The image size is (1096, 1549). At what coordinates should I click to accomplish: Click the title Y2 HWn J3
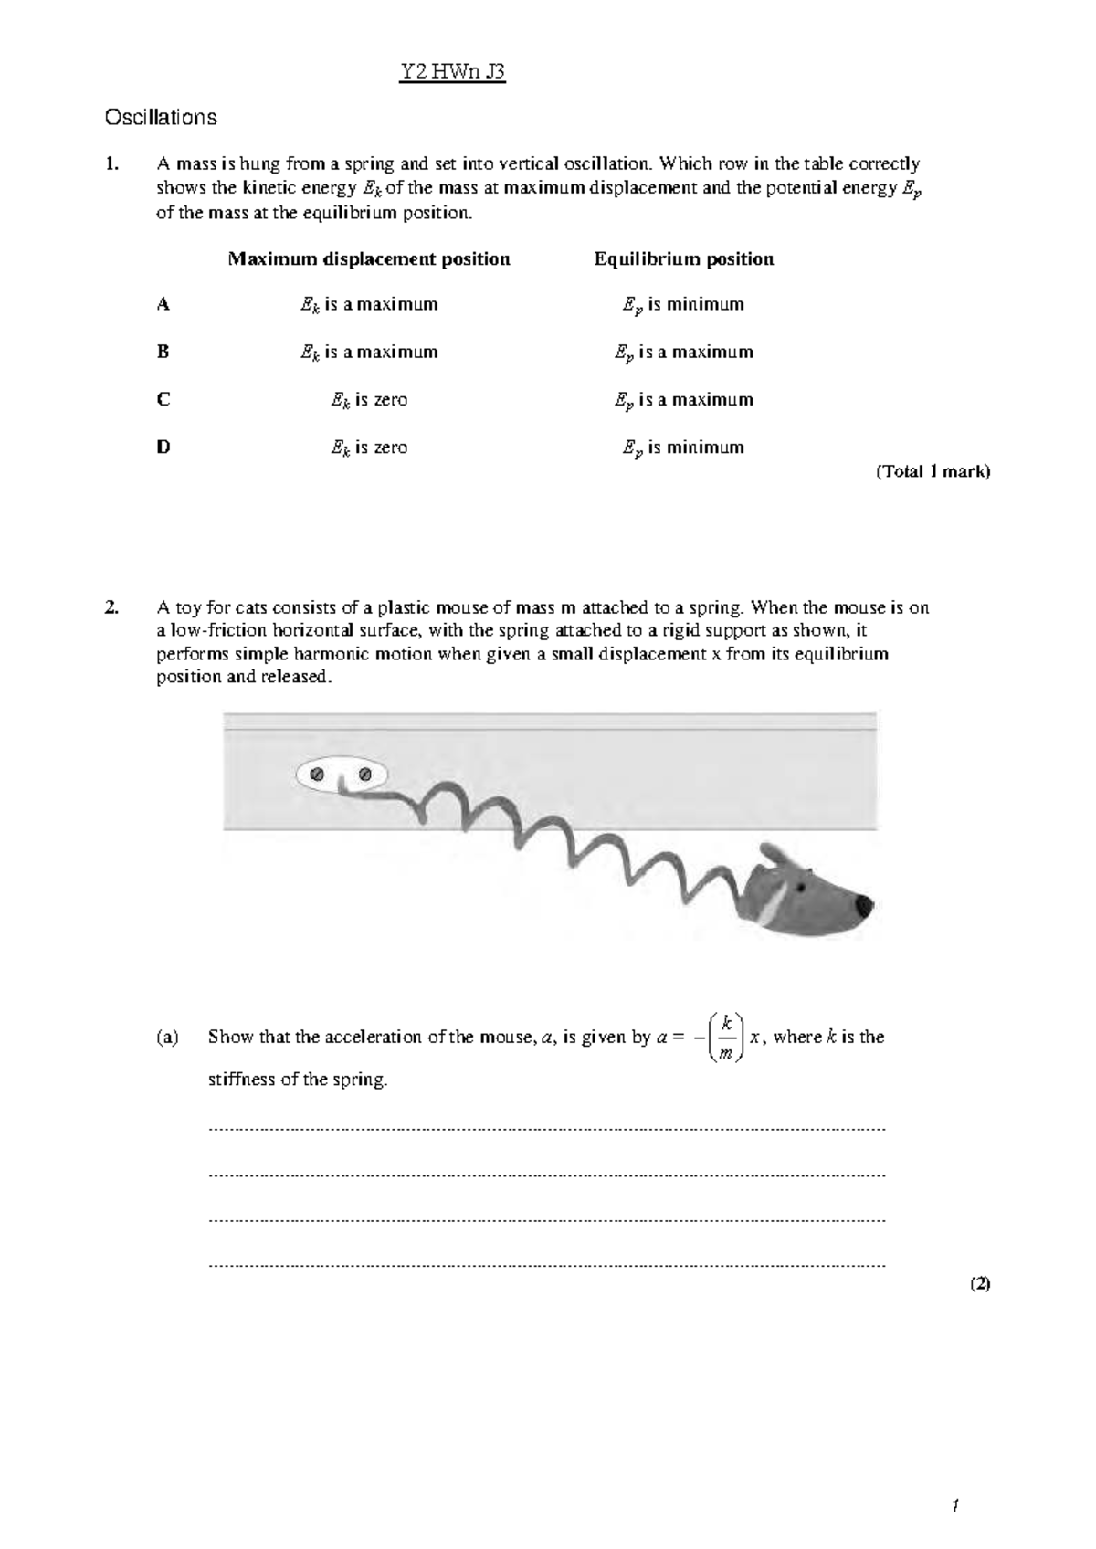coord(453,72)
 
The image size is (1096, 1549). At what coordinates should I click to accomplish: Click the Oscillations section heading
coord(161,117)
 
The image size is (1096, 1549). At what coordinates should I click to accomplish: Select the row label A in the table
coord(163,304)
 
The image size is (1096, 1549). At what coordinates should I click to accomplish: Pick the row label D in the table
coord(163,448)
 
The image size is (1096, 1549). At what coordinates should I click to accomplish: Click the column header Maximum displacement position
coord(369,258)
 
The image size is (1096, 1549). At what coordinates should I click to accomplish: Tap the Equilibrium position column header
coord(684,258)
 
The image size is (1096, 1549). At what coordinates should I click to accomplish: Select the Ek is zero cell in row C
coord(369,400)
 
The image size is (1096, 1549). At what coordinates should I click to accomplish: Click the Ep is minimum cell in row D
coord(684,448)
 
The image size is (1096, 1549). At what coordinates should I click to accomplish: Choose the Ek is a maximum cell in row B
coord(369,352)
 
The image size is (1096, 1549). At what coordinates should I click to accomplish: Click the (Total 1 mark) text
coord(933,472)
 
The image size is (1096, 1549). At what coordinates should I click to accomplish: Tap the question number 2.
coord(111,608)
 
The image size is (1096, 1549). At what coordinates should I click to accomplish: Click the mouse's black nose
coord(863,906)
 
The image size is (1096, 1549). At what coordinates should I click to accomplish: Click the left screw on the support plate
coord(317,775)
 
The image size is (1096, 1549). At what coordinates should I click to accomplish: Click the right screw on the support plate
coord(365,775)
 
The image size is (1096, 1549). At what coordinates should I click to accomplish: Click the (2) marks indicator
coord(980,1283)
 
